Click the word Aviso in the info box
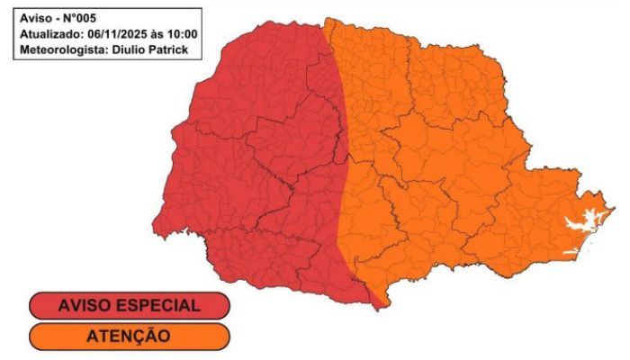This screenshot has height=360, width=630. (34, 18)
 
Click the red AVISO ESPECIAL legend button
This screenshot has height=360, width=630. (129, 305)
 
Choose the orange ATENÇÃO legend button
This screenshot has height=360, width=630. (129, 337)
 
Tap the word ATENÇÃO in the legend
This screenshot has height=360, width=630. (129, 337)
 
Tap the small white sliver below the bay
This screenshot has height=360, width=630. (570, 251)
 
